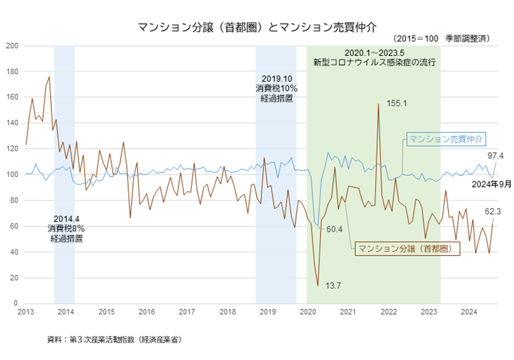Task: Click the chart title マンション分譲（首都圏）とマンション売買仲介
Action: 257,27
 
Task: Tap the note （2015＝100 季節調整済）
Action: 441,38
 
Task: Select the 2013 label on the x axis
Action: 26,312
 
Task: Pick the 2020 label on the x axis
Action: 307,312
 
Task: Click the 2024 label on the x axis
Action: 469,312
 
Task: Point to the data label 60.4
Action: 334,229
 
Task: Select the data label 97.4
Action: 495,156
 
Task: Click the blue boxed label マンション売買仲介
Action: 446,139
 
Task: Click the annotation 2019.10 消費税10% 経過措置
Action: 276,88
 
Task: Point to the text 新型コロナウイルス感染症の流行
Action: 374,62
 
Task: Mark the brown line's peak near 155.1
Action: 378,105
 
